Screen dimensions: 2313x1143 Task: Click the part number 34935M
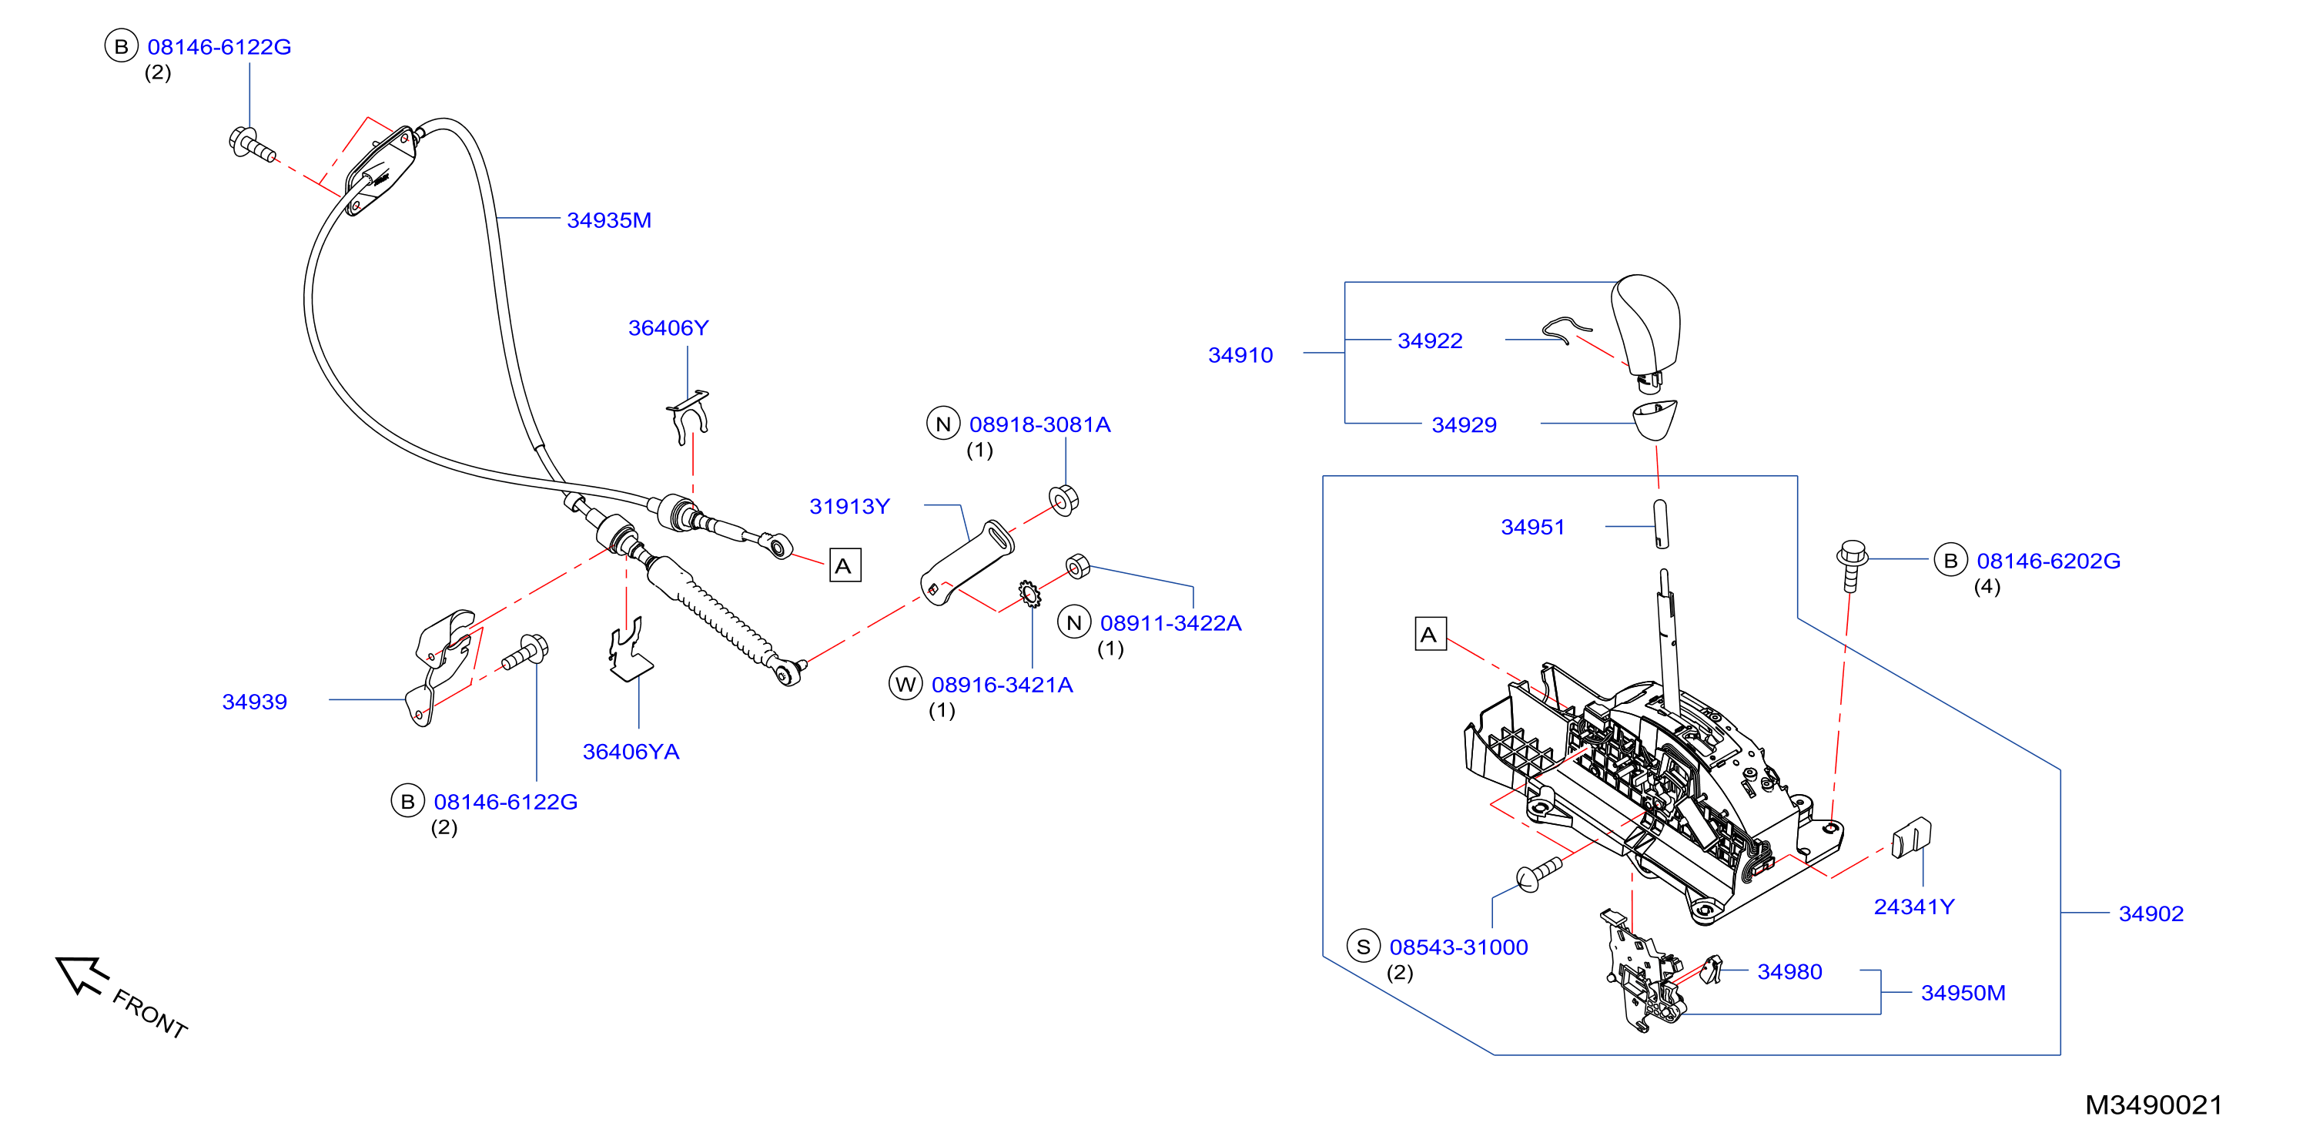coord(609,220)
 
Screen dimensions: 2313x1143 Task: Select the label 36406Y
coord(668,327)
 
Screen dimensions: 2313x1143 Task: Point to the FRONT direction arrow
coord(82,975)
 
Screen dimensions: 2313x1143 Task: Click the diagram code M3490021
coord(2153,1104)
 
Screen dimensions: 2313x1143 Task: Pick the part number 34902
coord(2151,913)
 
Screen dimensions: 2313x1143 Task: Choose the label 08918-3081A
coord(1039,424)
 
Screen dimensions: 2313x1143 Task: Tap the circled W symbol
coord(905,684)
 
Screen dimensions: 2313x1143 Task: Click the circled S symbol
coord(1363,947)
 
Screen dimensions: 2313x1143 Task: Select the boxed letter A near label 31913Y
coord(844,565)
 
